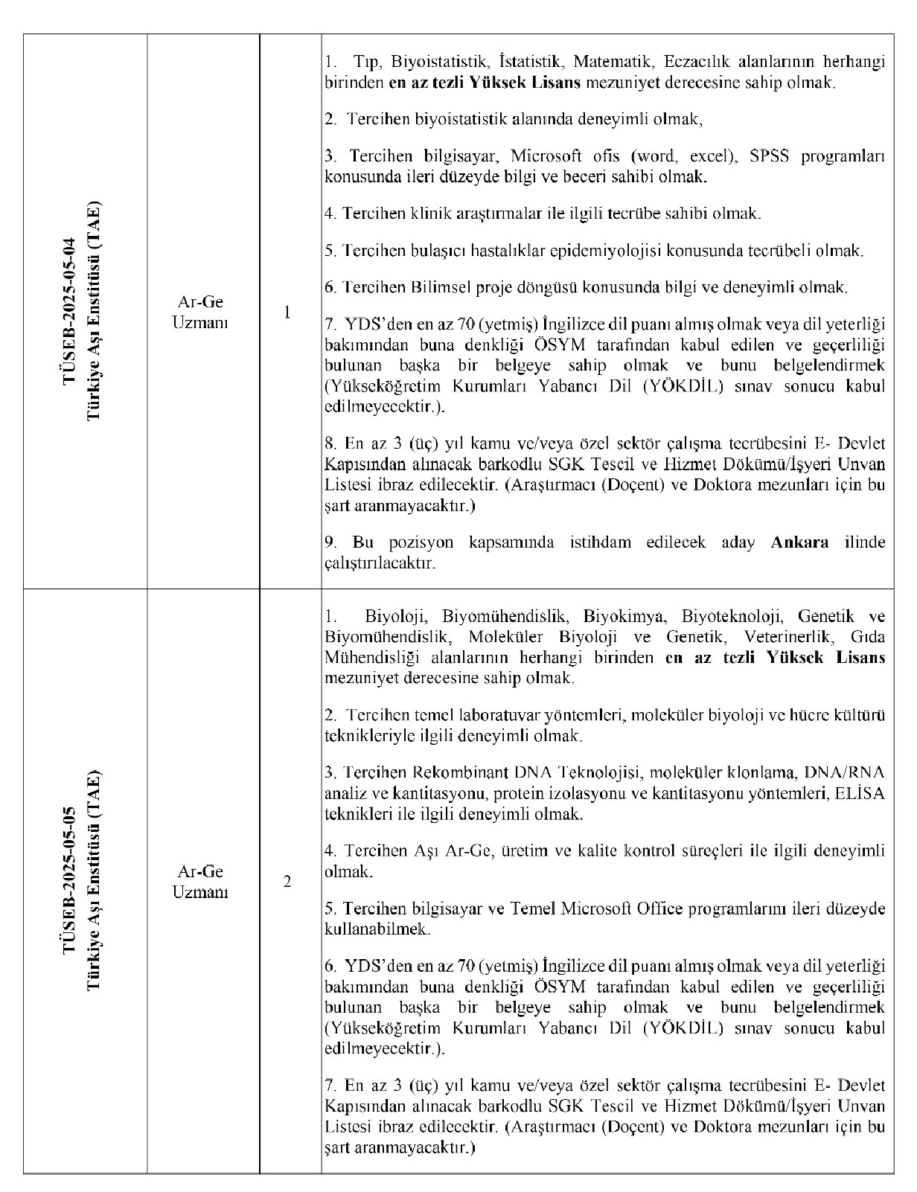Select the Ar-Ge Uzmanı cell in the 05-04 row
tap(199, 312)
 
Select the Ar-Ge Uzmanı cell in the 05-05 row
tap(199, 881)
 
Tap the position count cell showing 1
tap(288, 312)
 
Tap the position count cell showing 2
tap(288, 882)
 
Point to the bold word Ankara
tap(799, 542)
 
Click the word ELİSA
tap(861, 793)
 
